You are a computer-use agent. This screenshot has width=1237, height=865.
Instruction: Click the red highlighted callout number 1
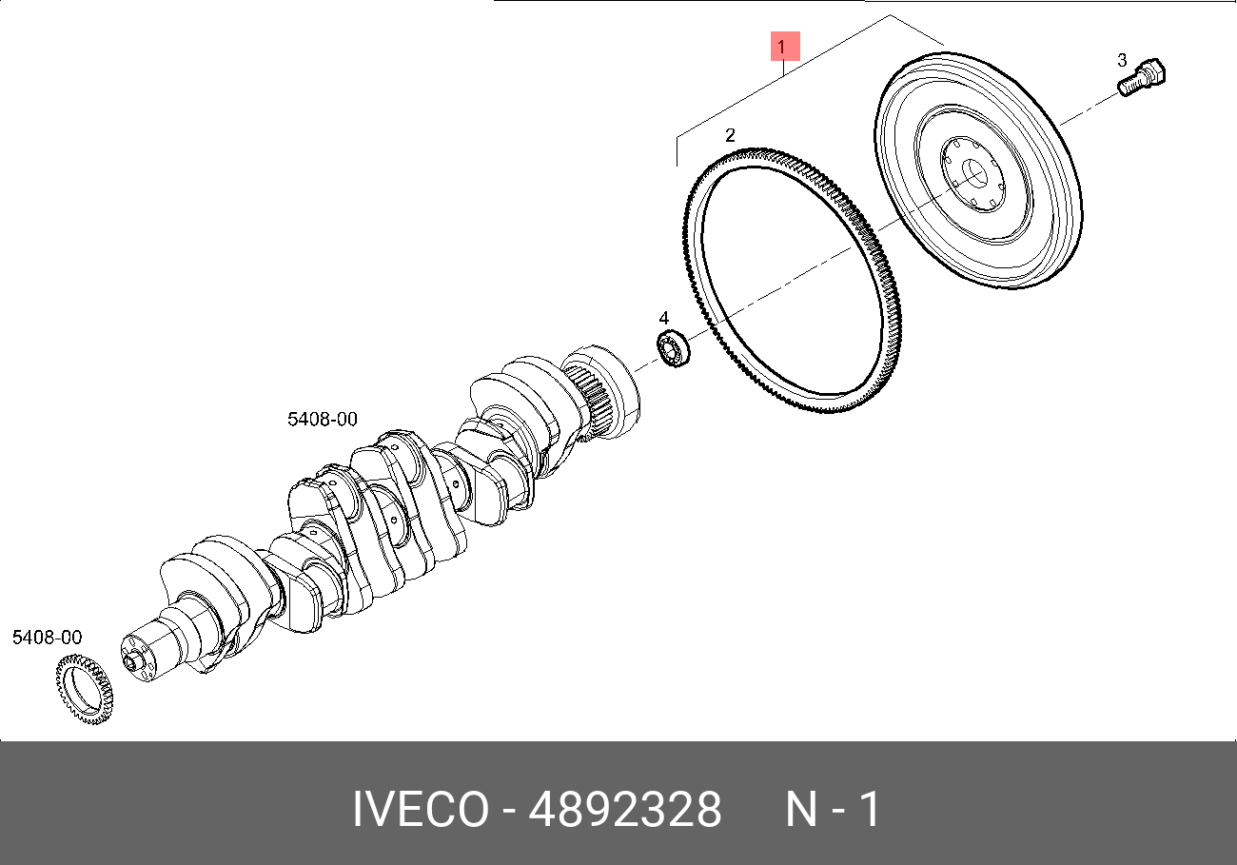[785, 47]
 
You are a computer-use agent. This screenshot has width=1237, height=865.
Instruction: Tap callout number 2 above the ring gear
[730, 135]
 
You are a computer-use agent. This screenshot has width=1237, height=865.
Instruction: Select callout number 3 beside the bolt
[1122, 60]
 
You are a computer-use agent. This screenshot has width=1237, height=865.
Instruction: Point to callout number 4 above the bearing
[664, 318]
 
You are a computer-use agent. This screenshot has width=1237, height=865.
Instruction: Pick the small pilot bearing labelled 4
[673, 348]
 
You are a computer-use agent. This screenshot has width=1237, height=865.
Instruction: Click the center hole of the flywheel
[973, 174]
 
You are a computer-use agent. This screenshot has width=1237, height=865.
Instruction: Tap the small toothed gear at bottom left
[85, 689]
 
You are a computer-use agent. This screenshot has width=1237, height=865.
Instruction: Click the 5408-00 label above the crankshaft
[323, 419]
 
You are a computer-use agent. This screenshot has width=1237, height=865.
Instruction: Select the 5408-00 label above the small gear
[47, 637]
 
